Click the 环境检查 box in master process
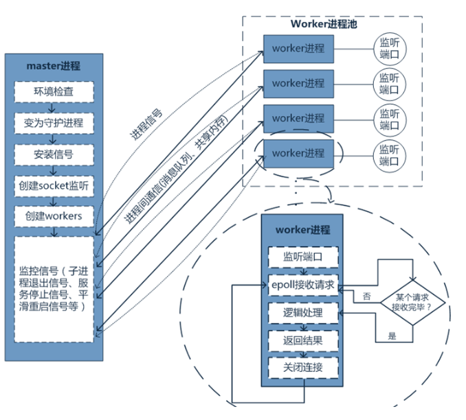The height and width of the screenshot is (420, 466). click(x=53, y=92)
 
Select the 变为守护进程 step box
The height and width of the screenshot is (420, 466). click(x=53, y=123)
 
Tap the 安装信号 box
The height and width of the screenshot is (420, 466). click(x=53, y=154)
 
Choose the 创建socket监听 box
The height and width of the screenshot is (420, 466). click(x=53, y=185)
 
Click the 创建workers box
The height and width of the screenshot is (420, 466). click(x=53, y=216)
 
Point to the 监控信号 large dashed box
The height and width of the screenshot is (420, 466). click(x=53, y=288)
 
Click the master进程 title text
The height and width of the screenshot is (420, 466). click(x=53, y=67)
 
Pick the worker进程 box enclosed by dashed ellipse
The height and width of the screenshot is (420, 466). click(x=297, y=152)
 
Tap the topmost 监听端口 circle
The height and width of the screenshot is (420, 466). click(x=388, y=49)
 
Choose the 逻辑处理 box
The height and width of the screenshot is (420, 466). click(x=302, y=313)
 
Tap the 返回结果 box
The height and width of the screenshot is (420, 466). click(x=302, y=340)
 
